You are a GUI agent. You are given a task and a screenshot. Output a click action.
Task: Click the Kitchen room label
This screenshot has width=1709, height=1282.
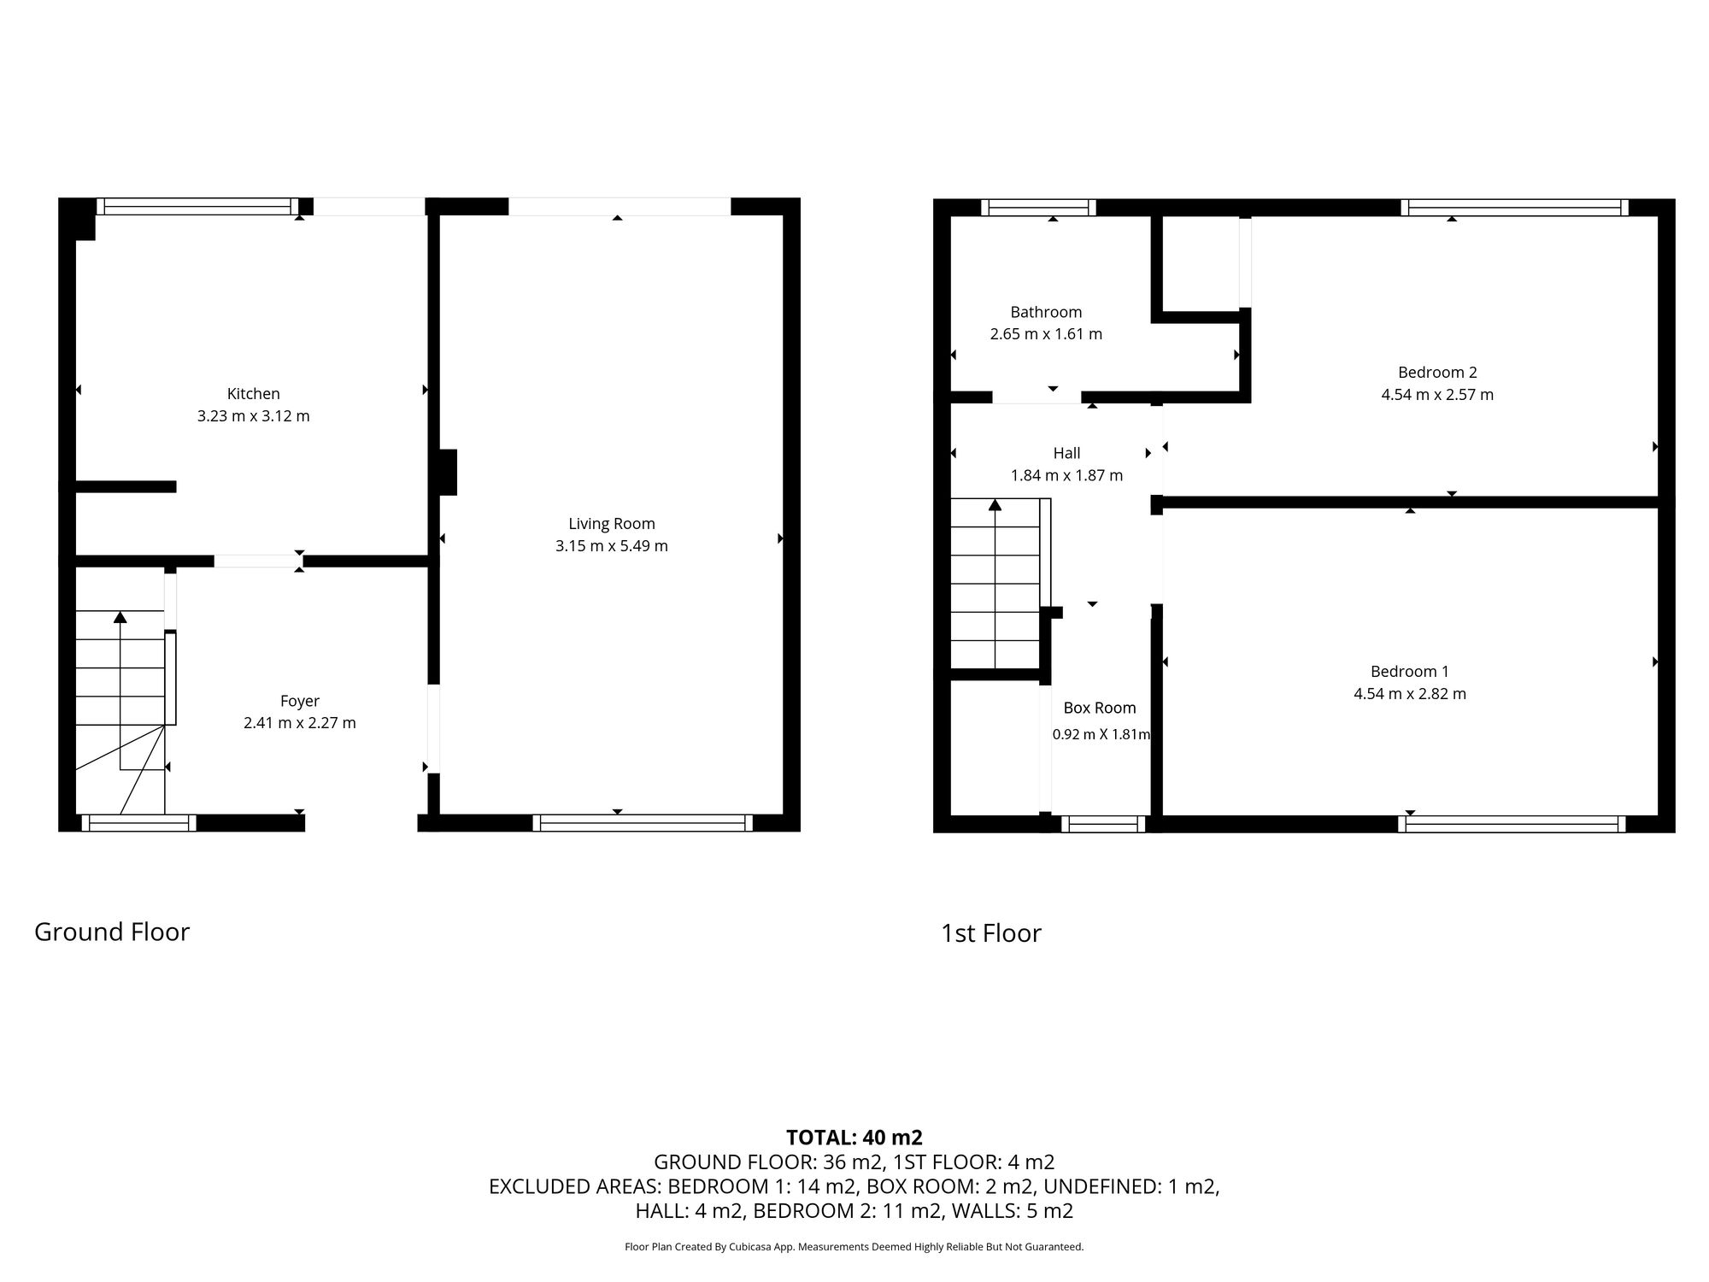pos(253,394)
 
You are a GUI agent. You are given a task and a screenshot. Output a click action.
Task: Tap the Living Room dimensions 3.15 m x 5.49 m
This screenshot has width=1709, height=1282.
pos(611,546)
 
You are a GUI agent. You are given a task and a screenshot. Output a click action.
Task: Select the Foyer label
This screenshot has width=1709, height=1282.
pos(299,701)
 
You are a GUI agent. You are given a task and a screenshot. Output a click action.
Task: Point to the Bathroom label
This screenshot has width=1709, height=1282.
pos(1046,312)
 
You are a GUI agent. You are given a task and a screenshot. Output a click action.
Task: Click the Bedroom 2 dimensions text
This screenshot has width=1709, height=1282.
pos(1437,395)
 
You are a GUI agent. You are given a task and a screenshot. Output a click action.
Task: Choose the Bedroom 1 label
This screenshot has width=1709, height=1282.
pos(1409,672)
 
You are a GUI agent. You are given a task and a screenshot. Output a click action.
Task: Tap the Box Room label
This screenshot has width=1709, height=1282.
pos(1099,708)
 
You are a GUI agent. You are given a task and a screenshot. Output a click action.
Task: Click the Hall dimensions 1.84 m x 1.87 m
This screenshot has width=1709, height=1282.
pos(1066,476)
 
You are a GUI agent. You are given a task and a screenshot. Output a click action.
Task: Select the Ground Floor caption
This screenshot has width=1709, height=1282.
pos(112,932)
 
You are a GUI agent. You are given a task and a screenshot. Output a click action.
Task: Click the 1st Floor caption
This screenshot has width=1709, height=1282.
pos(990,933)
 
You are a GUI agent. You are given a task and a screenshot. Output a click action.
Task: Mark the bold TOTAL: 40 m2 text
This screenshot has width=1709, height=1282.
pos(854,1138)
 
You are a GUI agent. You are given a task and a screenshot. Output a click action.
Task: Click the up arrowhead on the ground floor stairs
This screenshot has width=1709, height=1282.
pos(120,616)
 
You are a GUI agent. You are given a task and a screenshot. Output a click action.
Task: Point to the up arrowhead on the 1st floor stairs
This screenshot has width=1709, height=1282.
pos(995,504)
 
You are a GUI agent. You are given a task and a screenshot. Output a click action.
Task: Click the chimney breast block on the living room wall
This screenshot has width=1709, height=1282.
pos(448,472)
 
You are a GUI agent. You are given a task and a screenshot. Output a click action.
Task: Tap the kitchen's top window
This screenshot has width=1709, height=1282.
pos(197,206)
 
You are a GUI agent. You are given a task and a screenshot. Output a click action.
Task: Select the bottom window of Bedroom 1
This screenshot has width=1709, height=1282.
pos(1512,824)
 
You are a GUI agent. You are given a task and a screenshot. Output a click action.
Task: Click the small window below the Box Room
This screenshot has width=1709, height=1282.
pos(1103,824)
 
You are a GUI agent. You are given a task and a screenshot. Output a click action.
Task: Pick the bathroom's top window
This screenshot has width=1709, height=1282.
pos(1038,207)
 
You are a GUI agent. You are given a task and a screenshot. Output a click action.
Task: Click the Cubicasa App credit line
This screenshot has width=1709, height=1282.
pos(854,1247)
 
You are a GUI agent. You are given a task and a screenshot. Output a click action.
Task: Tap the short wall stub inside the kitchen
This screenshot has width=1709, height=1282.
pos(126,486)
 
